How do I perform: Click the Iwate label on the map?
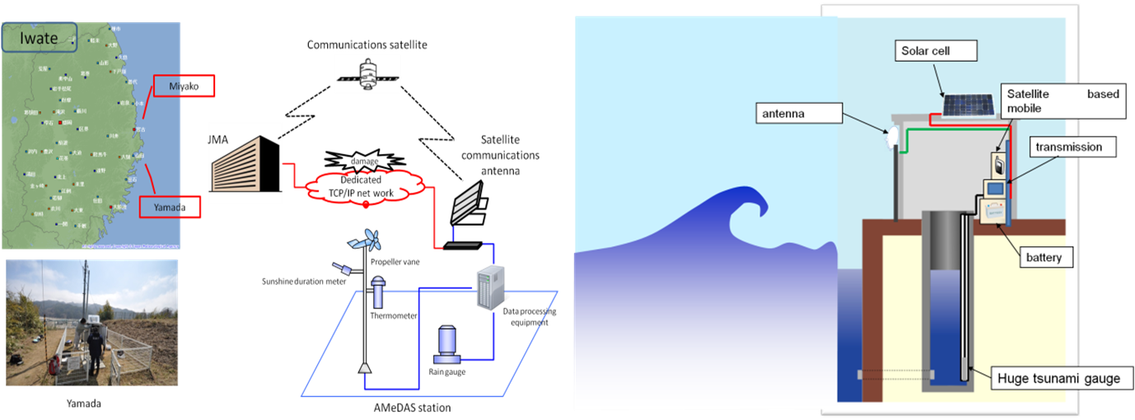tap(39, 38)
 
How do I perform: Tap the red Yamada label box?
tap(170, 208)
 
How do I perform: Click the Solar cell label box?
tap(935, 51)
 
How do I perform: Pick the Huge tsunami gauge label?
tap(1058, 379)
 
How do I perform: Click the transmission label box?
tap(1065, 147)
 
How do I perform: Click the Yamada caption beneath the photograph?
tap(87, 404)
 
